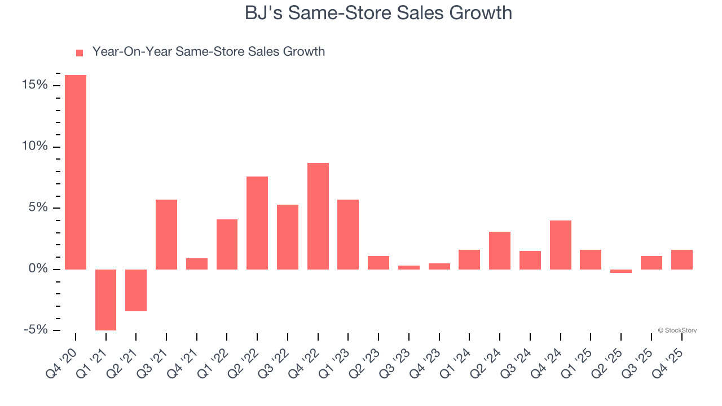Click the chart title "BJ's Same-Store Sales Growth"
point(378,12)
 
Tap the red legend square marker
point(80,52)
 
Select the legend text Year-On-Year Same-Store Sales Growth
point(208,52)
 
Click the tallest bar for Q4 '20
point(76,172)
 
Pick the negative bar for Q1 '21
point(105,299)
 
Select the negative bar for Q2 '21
point(136,290)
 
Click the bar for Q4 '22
point(318,216)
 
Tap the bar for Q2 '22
point(257,223)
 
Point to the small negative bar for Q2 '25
point(621,271)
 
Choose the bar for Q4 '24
point(560,245)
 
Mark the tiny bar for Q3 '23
point(409,267)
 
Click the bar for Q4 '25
point(681,259)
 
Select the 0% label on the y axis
point(38,269)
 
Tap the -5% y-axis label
point(36,330)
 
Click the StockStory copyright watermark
point(677,330)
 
